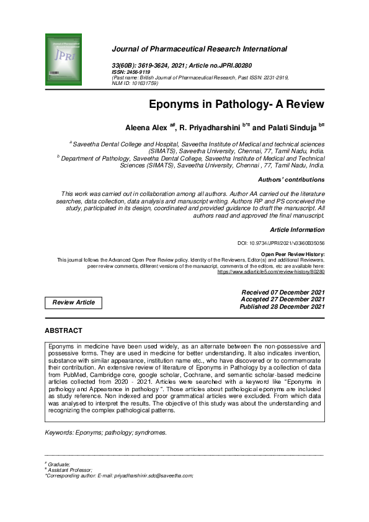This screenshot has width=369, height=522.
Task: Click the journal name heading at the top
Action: (x=199, y=48)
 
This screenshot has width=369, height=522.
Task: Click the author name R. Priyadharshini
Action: (x=214, y=127)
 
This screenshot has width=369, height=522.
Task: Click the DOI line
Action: (x=282, y=244)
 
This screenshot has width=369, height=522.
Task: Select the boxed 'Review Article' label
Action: (x=74, y=303)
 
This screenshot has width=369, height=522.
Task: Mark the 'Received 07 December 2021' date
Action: (x=282, y=291)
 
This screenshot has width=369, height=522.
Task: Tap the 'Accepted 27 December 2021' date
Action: (x=282, y=299)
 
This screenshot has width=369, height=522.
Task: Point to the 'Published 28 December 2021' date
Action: (x=282, y=306)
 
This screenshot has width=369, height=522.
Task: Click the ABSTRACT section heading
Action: (x=63, y=331)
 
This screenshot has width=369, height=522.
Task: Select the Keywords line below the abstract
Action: (x=106, y=433)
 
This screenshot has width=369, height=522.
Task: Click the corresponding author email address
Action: (x=154, y=476)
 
